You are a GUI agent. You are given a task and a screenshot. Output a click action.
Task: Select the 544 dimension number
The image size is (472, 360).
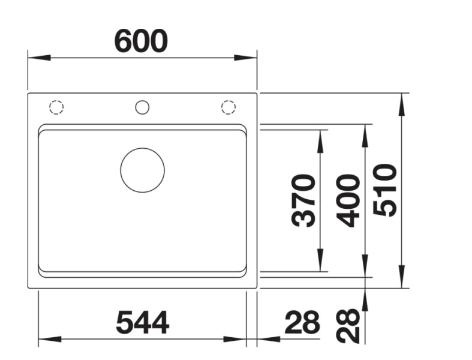coord(142,323)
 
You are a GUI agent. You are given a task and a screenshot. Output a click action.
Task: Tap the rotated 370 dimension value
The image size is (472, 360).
coord(303,200)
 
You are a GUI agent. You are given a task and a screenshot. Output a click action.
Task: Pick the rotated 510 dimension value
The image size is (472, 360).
coord(385,190)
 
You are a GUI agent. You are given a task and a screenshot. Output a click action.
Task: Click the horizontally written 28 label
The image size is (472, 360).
coord(302,323)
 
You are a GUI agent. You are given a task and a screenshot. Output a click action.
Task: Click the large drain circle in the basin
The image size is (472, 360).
coord(142,170)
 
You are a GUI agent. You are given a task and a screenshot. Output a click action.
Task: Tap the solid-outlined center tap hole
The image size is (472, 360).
coord(142,107)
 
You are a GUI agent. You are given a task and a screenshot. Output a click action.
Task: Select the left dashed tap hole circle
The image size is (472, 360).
coord(56,107)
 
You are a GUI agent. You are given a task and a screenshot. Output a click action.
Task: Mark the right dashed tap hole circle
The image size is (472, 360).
coord(229,107)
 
